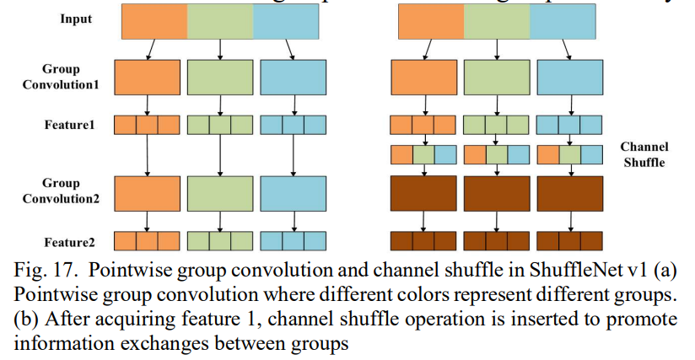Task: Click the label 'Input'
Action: pos(76,19)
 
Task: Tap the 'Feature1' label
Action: pos(70,124)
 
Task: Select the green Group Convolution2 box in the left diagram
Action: pos(219,193)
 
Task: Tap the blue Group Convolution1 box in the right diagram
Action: pos(570,77)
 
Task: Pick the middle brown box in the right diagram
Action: pos(497,193)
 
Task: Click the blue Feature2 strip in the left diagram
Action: pos(293,240)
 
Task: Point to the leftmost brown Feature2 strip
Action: pos(423,240)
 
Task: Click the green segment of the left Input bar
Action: pos(219,22)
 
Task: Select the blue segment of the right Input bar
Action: pos(567,22)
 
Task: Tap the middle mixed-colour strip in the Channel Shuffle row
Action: pos(497,155)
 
